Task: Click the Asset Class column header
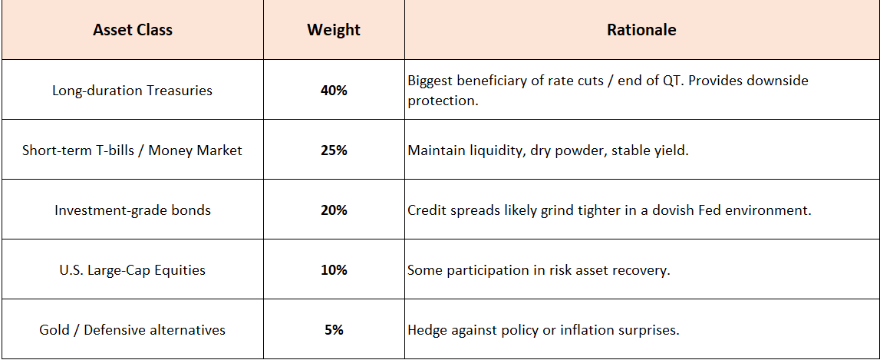tap(133, 30)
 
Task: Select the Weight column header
tap(334, 30)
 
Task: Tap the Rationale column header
tap(641, 30)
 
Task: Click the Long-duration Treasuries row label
tap(133, 90)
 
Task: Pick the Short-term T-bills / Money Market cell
tap(133, 150)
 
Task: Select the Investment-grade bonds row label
tap(133, 210)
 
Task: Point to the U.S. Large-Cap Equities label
tap(133, 270)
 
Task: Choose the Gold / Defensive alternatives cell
tap(133, 329)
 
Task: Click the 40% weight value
tap(334, 90)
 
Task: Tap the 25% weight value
tap(334, 150)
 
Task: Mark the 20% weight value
tap(334, 210)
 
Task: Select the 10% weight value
tap(334, 270)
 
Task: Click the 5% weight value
tap(334, 329)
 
